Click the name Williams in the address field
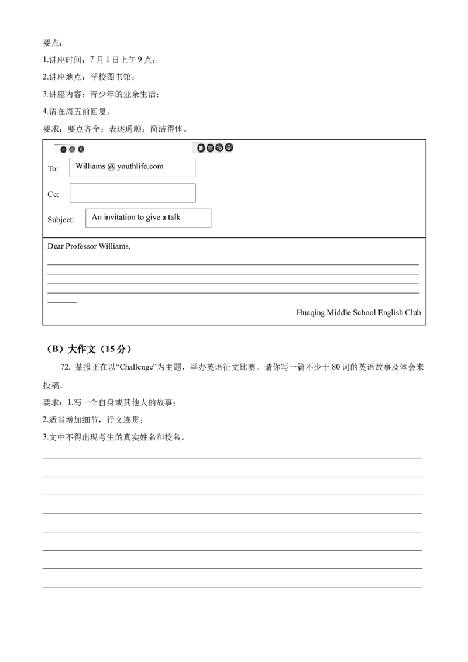click(90, 166)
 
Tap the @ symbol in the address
click(111, 167)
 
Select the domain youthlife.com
click(140, 166)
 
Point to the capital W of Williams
click(79, 166)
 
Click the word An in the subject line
click(97, 218)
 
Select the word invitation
click(120, 218)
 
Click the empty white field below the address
click(132, 192)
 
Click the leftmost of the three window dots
click(63, 150)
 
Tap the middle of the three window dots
click(72, 150)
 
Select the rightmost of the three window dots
click(81, 150)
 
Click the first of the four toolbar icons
click(201, 148)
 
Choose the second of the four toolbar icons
click(210, 148)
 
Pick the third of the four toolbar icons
click(219, 148)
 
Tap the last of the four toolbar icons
click(229, 148)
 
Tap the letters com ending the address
click(156, 167)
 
